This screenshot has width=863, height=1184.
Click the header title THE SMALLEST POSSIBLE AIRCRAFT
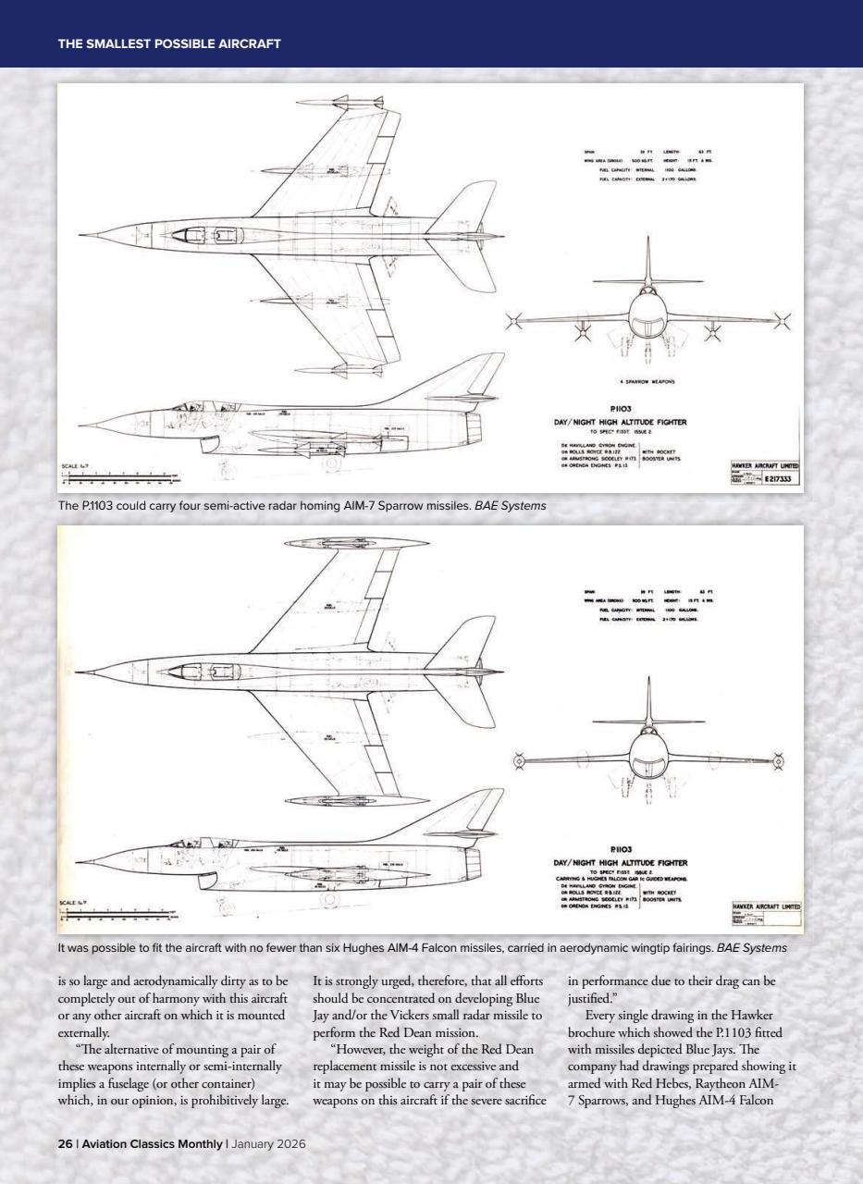tap(169, 43)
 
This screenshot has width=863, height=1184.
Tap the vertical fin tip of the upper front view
tap(647, 240)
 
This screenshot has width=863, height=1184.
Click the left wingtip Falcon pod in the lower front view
tap(519, 761)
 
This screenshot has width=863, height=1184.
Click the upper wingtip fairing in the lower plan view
tap(339, 543)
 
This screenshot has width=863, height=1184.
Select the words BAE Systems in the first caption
tap(508, 505)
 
